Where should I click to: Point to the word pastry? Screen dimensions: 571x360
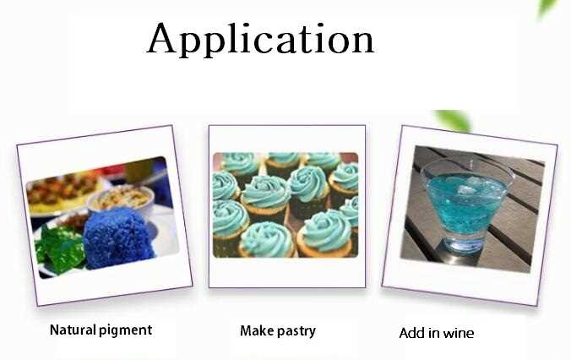(296, 332)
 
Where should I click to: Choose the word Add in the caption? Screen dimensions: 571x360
(412, 333)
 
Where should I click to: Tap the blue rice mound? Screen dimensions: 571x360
(117, 237)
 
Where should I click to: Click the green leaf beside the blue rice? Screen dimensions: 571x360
(59, 247)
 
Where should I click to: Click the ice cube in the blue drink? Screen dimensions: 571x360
(467, 190)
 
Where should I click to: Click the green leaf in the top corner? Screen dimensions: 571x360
(547, 8)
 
